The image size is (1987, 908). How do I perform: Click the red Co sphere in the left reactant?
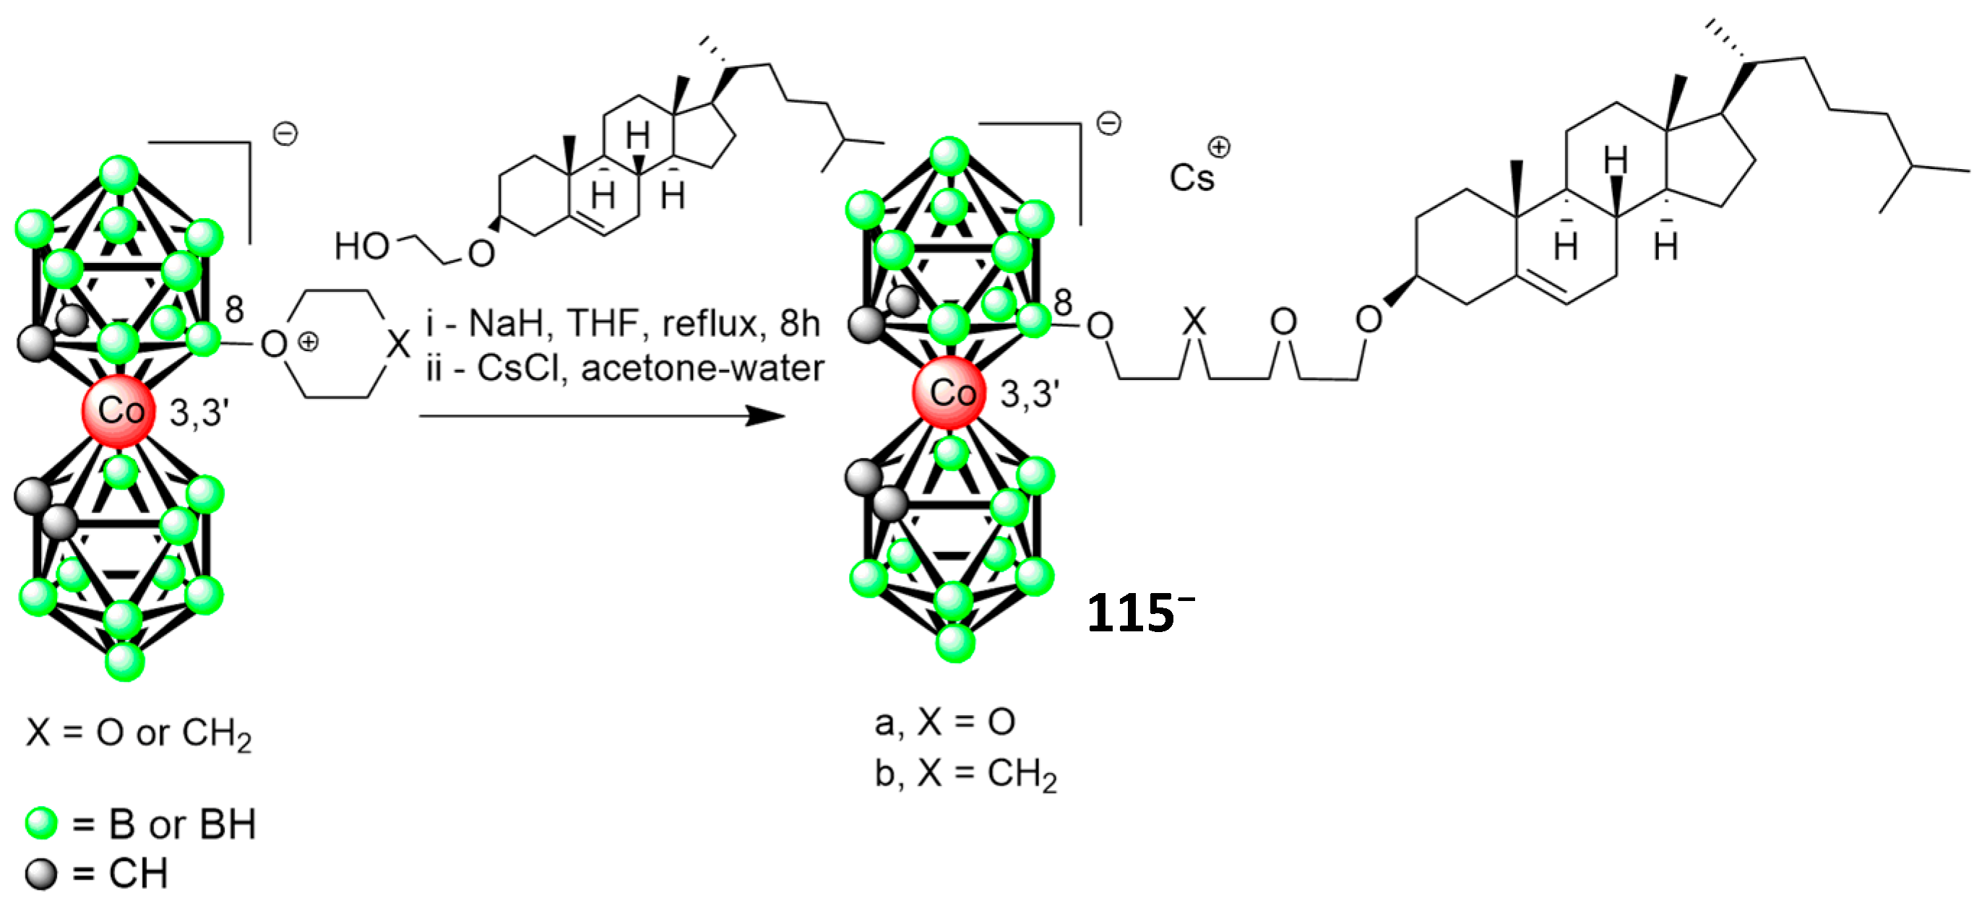pos(118,411)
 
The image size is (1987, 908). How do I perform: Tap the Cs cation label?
pos(1191,178)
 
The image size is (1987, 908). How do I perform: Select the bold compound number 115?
pos(1130,614)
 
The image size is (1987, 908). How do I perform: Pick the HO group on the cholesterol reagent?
pos(361,247)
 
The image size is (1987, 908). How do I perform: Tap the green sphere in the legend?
pos(41,824)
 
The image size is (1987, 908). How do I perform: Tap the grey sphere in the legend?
pos(41,874)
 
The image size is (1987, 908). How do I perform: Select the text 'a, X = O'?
pos(944,723)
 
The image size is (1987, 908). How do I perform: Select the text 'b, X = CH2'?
pos(965,773)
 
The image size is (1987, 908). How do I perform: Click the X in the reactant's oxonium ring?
pos(398,344)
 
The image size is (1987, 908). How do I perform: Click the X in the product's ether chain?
pos(1194,320)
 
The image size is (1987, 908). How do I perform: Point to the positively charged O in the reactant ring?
pos(274,344)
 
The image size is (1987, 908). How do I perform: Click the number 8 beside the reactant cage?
pos(235,310)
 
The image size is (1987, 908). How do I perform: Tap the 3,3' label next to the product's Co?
pos(1029,394)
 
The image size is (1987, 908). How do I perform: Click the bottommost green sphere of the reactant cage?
pos(124,662)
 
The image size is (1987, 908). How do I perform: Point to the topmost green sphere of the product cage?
pos(949,157)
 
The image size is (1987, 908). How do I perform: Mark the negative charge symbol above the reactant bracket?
pos(285,134)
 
